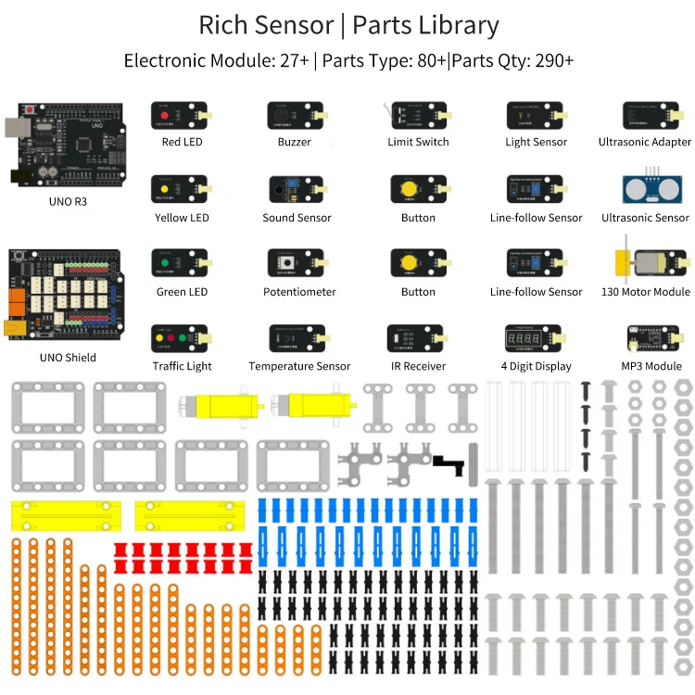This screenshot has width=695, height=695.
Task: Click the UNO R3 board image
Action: (65, 144)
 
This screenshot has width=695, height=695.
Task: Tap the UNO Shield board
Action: (65, 295)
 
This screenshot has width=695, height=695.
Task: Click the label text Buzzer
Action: (294, 142)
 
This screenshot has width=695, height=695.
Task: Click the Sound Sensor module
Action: (296, 190)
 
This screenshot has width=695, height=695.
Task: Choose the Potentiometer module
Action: (296, 264)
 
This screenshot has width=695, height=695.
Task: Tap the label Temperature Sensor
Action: (299, 366)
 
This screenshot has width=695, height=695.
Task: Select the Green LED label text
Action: (182, 292)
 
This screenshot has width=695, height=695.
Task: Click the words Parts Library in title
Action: (425, 26)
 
